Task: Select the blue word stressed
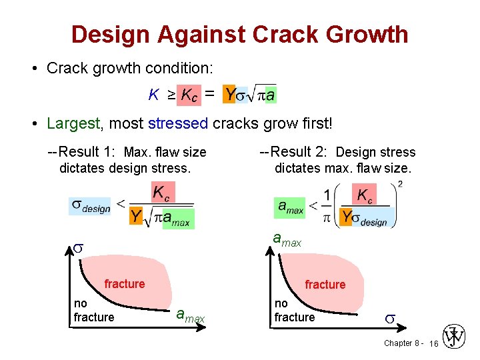179,123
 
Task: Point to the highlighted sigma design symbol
91,205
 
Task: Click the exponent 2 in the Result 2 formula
400,184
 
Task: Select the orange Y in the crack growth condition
229,95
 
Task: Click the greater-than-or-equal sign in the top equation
171,95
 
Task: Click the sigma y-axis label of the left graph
77,248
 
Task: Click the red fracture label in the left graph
124,284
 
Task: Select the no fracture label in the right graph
294,311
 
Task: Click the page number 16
433,343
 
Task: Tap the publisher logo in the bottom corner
455,337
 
